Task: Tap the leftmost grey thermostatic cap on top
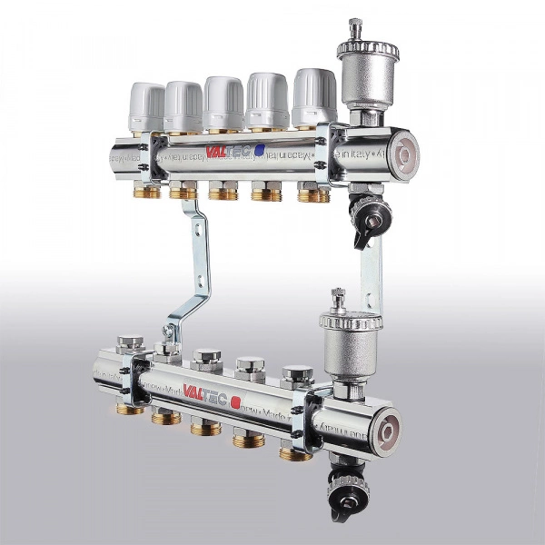tap(146, 107)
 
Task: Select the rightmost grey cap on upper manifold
tap(314, 94)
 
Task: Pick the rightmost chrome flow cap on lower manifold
tap(297, 373)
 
